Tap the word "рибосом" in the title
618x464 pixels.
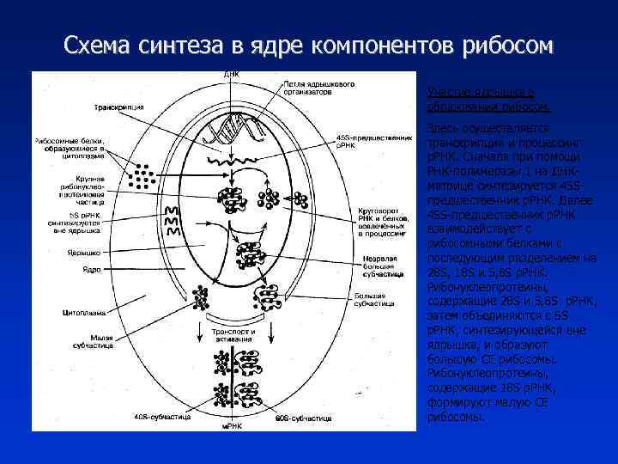click(x=497, y=44)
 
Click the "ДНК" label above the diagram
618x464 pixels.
click(x=232, y=74)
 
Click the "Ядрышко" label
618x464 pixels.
click(x=84, y=253)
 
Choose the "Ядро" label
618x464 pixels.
click(x=91, y=270)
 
